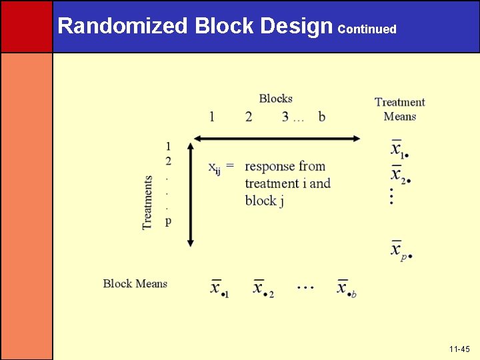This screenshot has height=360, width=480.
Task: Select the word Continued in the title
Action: coord(367,29)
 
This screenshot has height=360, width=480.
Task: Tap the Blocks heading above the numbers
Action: coord(276,99)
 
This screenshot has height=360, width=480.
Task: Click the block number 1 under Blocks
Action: coord(212,117)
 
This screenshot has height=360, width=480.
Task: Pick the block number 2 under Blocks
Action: coord(249,117)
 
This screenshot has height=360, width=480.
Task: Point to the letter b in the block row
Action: coord(322,117)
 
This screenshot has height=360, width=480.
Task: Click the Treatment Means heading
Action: coord(400,109)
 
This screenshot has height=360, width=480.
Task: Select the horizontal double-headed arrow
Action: coord(277,139)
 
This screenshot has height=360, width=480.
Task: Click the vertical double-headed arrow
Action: coord(191,194)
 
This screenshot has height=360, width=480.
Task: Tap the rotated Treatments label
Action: coord(148,203)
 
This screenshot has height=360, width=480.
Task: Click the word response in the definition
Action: coord(271,166)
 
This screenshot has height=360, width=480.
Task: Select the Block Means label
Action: coord(135,283)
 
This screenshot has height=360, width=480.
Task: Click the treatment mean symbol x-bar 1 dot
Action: coord(399,149)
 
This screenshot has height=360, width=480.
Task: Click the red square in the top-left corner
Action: coord(26,26)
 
